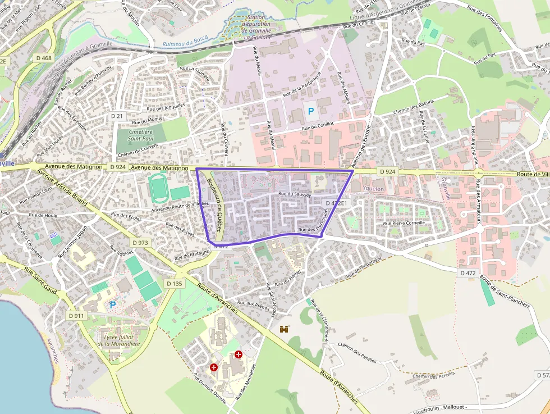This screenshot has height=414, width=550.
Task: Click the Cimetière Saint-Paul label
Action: point(134,134)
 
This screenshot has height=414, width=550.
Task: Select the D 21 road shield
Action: point(116,116)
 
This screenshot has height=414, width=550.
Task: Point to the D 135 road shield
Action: point(175,284)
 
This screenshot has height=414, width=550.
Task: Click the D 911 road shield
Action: point(76,316)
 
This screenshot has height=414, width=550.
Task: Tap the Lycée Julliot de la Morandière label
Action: point(118,340)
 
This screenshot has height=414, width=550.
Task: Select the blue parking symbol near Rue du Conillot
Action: point(310,111)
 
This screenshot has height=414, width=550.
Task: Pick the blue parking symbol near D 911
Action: point(113,304)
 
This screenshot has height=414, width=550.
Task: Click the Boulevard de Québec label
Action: point(216,206)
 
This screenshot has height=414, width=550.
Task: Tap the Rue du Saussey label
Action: point(291,194)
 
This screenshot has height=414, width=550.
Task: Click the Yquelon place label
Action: point(373,189)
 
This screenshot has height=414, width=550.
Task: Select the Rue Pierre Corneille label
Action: point(404,223)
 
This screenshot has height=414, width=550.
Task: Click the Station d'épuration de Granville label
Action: point(258,27)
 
